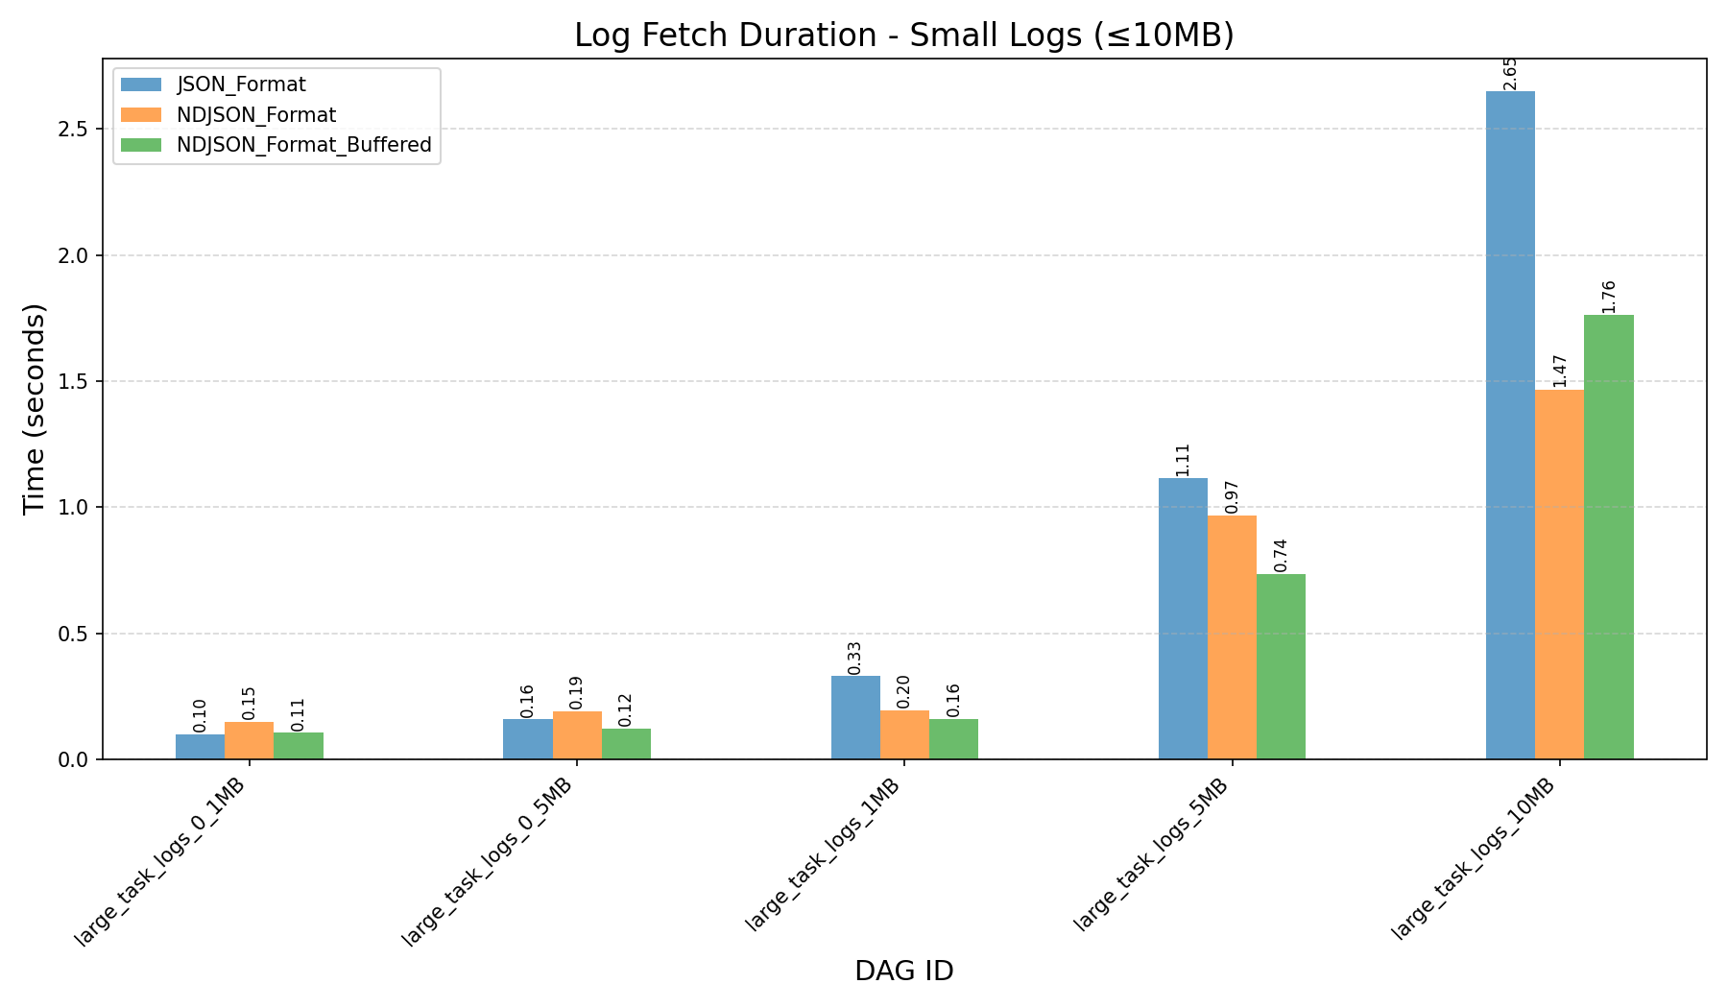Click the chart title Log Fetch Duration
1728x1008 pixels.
(x=903, y=36)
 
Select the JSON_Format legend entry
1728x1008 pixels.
(x=241, y=84)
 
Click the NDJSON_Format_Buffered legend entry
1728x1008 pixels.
(x=303, y=146)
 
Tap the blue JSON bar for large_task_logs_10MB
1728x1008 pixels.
(x=1510, y=425)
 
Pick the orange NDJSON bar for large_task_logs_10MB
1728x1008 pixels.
(x=1559, y=574)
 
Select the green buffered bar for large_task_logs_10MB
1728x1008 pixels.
(x=1608, y=538)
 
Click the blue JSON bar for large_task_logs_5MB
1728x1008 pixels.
(x=1183, y=619)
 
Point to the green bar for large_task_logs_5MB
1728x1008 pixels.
(x=1281, y=666)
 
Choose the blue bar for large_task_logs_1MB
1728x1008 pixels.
(x=855, y=717)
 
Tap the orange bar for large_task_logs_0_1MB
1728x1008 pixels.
(x=249, y=740)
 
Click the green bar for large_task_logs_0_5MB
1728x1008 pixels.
(x=626, y=744)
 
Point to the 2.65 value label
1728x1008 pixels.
(x=1510, y=73)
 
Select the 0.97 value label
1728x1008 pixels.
(x=1232, y=496)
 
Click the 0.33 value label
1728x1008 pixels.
(x=854, y=658)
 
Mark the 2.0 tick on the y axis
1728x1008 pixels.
(x=78, y=255)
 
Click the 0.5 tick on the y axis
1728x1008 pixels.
(x=78, y=634)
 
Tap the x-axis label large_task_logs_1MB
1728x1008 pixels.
(x=825, y=853)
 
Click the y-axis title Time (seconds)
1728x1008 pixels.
(x=35, y=408)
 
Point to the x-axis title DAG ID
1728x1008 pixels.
(x=903, y=972)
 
